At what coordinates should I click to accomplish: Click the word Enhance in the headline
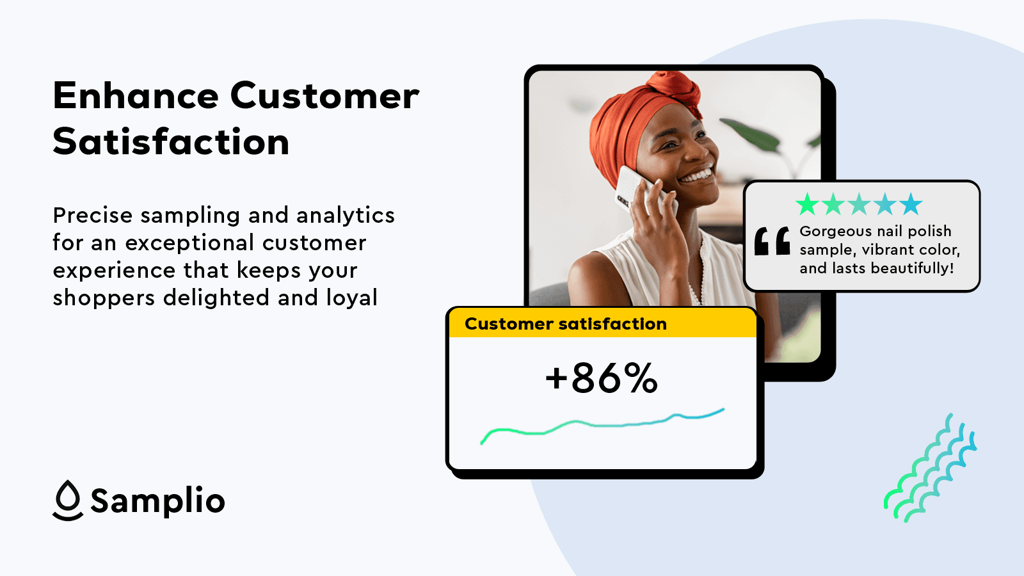coord(136,95)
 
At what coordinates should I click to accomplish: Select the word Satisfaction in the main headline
coord(171,141)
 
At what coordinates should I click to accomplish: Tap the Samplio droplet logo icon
coord(68,500)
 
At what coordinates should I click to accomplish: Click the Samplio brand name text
coord(157,501)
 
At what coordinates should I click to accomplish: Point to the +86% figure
coord(602,378)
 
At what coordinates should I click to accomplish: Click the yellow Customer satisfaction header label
coord(566,324)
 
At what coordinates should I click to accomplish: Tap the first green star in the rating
coord(807,204)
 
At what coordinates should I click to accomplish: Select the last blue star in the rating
coord(911,204)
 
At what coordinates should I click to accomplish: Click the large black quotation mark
coord(772,241)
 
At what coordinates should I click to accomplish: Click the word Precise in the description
coord(93,215)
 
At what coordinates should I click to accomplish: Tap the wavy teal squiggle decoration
coord(931,468)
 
